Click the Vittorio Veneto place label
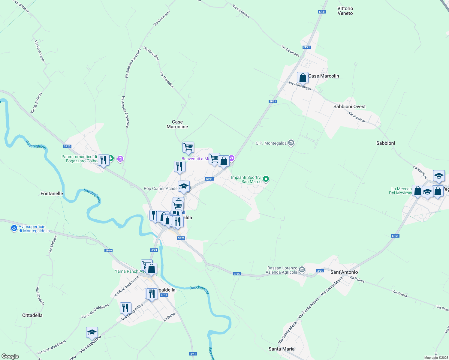click(345, 11)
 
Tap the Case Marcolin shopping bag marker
click(303, 78)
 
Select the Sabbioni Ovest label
click(349, 106)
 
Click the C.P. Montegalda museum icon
click(291, 143)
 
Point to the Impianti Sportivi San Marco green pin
click(266, 179)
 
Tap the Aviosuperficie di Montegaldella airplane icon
click(14, 229)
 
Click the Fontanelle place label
click(52, 193)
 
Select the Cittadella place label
click(32, 315)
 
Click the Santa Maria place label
click(282, 349)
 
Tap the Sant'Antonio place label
click(344, 272)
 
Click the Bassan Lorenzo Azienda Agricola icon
click(302, 270)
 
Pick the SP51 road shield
click(395, 236)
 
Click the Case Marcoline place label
click(177, 124)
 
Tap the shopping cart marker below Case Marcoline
click(188, 147)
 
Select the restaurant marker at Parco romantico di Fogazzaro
click(103, 160)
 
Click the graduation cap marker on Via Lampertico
click(92, 332)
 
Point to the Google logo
click(10, 356)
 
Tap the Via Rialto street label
click(169, 318)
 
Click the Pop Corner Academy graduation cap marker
click(184, 186)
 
